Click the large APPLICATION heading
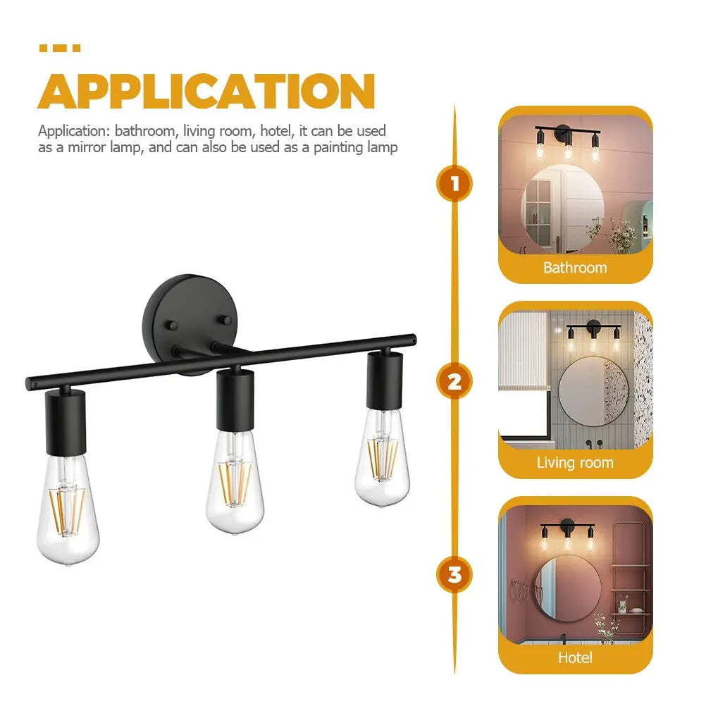(206, 91)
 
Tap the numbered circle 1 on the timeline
(454, 185)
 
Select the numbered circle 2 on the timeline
(454, 382)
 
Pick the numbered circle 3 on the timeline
(454, 574)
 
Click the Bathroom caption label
(575, 268)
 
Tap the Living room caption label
(575, 463)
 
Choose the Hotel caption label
(575, 657)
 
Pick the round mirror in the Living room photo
(592, 391)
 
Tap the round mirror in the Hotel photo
(567, 586)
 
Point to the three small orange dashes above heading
(59, 48)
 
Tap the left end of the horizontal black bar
(30, 384)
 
